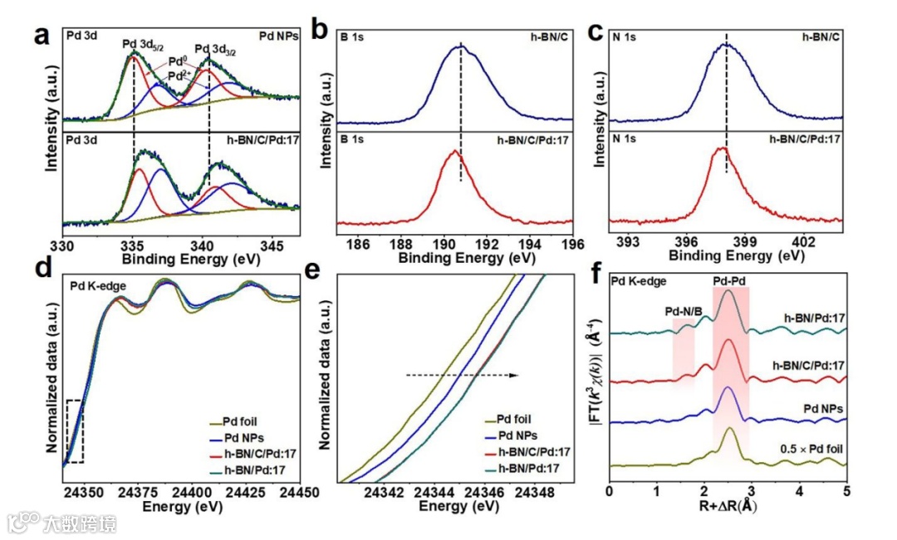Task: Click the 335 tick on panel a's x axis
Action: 133,246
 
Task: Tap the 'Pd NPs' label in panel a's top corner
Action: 277,36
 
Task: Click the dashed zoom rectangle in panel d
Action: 74,431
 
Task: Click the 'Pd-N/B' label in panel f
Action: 684,311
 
